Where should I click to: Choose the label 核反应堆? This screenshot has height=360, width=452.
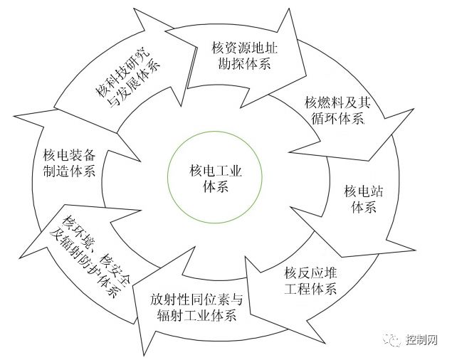point(310,272)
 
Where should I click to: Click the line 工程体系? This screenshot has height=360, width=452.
point(310,288)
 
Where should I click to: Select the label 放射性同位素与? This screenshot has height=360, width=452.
point(202,299)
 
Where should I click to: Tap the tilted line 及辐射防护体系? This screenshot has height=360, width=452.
point(84,259)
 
